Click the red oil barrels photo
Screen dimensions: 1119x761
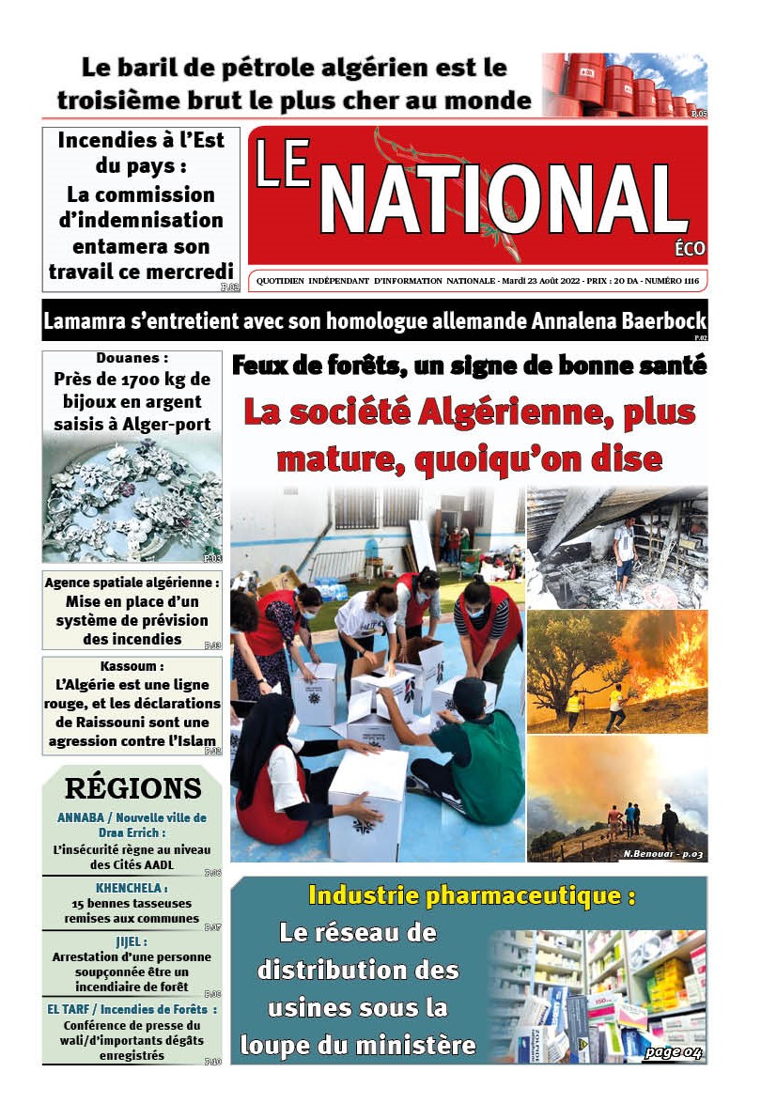click(624, 85)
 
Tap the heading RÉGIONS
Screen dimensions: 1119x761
click(132, 788)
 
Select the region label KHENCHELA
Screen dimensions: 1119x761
click(132, 887)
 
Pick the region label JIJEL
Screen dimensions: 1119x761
click(132, 941)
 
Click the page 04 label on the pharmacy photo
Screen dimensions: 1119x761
click(673, 1051)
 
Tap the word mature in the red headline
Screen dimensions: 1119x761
click(329, 459)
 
